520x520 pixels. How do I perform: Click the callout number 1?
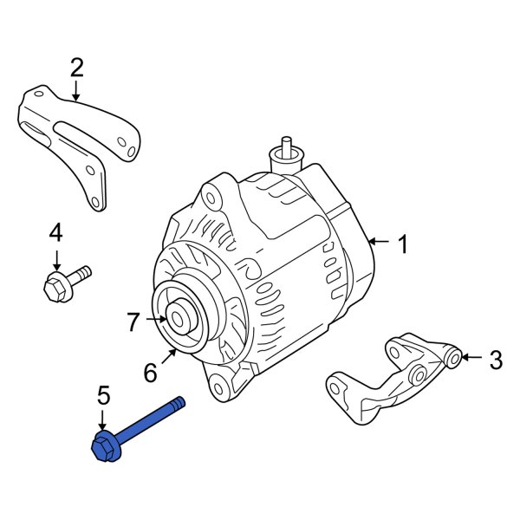[401, 245]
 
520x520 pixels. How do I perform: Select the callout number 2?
[76, 67]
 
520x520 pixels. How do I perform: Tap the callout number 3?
[495, 360]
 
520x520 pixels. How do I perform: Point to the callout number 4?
[55, 232]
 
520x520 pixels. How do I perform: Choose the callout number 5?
[103, 397]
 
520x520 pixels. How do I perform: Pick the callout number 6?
[150, 373]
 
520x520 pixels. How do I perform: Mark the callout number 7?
[133, 322]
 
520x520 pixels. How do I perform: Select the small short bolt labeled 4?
[65, 283]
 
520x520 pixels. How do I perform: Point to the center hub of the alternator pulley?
[179, 319]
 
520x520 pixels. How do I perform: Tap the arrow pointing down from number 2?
[76, 90]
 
